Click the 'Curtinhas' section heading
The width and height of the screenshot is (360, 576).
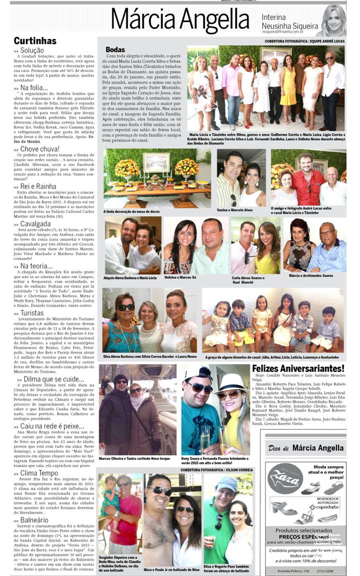(x=35, y=40)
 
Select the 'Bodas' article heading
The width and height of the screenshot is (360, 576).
(x=115, y=50)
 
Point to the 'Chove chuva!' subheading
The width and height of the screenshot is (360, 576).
(x=40, y=149)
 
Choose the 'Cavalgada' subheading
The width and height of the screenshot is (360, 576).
(x=35, y=224)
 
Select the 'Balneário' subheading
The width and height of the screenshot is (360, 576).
(x=34, y=520)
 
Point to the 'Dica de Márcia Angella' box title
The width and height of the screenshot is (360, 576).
(x=305, y=448)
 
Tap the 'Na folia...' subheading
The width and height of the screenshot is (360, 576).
(x=35, y=88)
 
